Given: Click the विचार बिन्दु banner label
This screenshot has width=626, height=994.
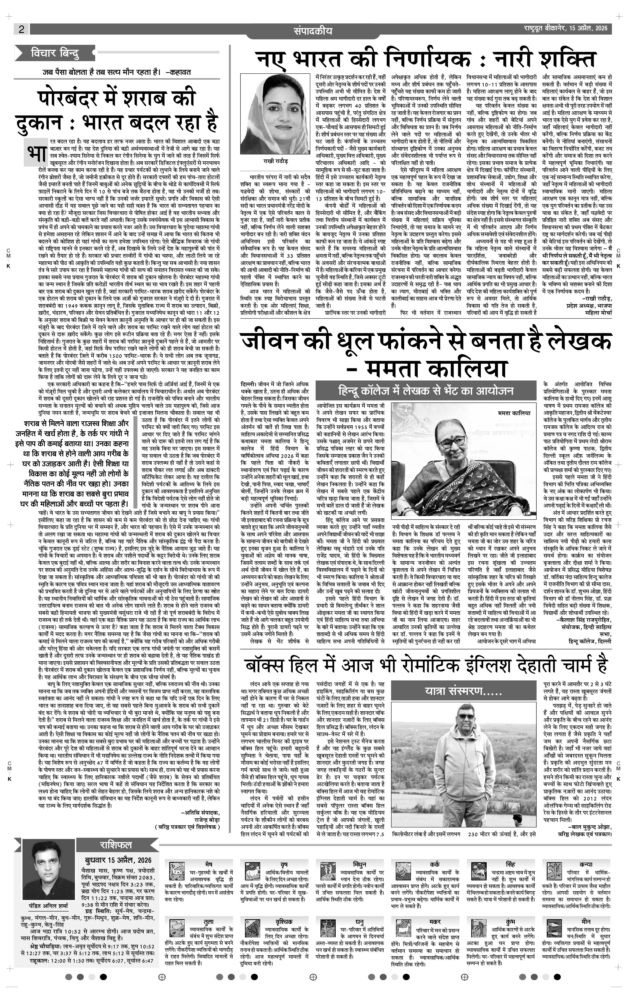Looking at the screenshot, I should [x=55, y=53].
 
